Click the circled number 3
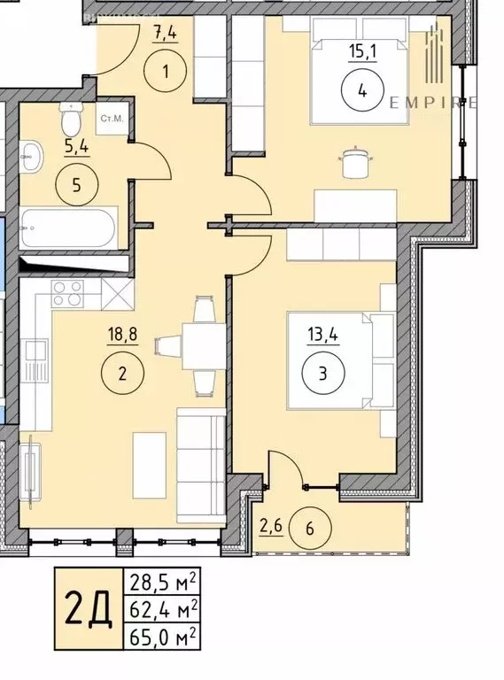click(x=322, y=374)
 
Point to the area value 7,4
click(x=165, y=37)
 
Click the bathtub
click(x=67, y=229)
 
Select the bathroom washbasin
click(x=32, y=158)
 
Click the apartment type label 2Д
click(x=89, y=610)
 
